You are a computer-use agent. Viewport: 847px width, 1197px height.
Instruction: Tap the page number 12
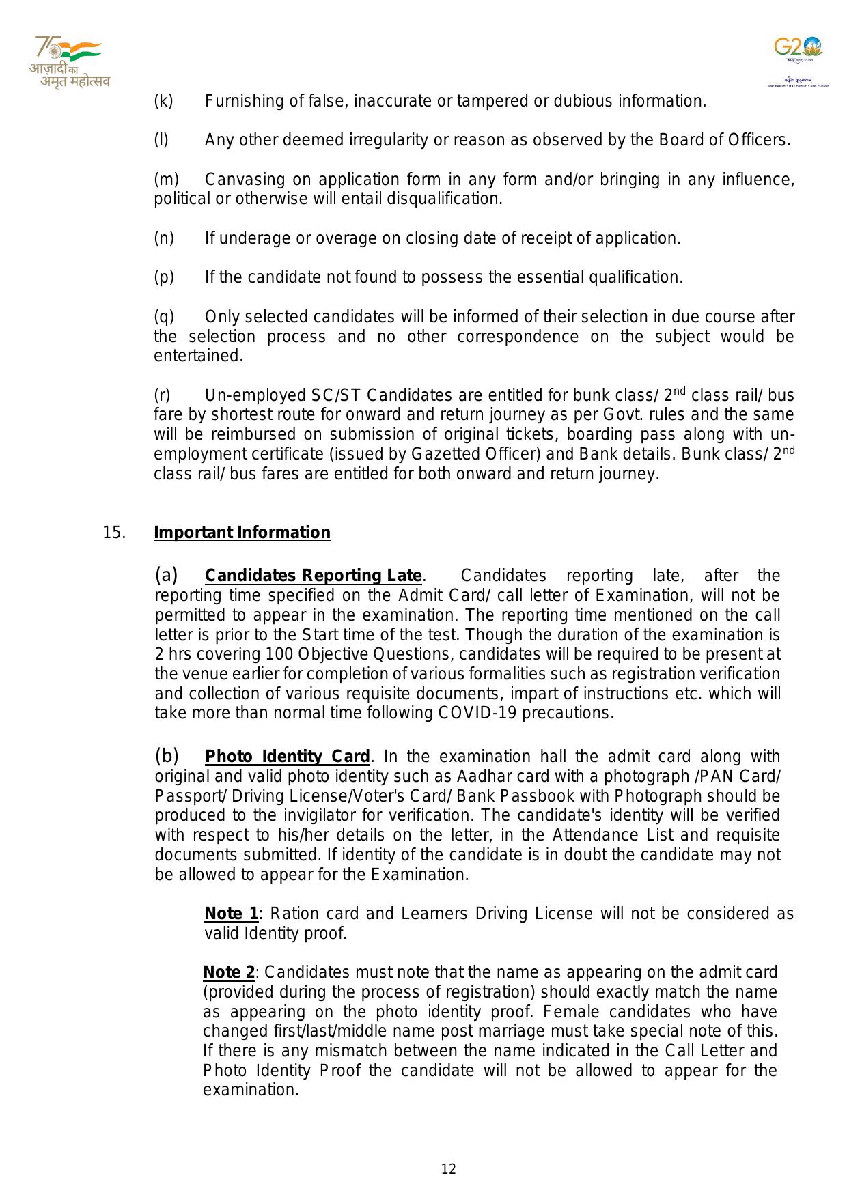[448, 1169]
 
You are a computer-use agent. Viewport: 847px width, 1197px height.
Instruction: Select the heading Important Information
[242, 533]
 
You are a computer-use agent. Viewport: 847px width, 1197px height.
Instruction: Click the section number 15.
[114, 533]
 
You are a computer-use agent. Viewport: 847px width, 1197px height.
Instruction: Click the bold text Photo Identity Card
[288, 757]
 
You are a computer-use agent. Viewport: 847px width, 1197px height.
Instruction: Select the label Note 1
[232, 914]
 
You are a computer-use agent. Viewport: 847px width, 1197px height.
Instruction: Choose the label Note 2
[229, 972]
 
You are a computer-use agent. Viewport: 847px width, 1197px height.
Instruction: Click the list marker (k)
[164, 101]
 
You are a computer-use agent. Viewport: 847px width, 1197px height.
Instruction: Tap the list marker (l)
[161, 141]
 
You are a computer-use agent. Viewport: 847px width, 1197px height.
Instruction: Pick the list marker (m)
[166, 180]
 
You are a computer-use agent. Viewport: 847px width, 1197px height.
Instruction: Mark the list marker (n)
[164, 238]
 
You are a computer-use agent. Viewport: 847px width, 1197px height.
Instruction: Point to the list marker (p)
[164, 277]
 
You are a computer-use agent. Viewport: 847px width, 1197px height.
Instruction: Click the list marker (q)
[164, 317]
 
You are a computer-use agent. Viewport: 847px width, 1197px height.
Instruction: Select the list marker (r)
[162, 395]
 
